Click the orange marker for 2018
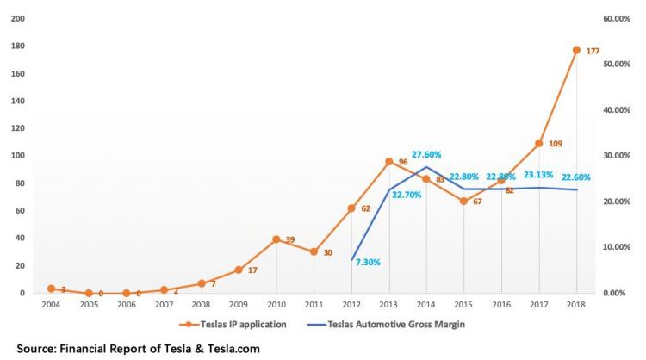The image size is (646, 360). (577, 50)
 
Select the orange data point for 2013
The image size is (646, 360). (389, 161)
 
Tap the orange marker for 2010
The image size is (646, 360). (276, 239)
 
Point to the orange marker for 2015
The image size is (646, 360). (464, 201)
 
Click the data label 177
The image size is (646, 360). (593, 52)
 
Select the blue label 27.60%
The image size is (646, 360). (426, 155)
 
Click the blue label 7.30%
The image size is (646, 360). (369, 261)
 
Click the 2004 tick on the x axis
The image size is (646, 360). (51, 304)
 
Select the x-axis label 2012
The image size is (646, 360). (351, 304)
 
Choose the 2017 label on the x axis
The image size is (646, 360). (539, 304)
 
